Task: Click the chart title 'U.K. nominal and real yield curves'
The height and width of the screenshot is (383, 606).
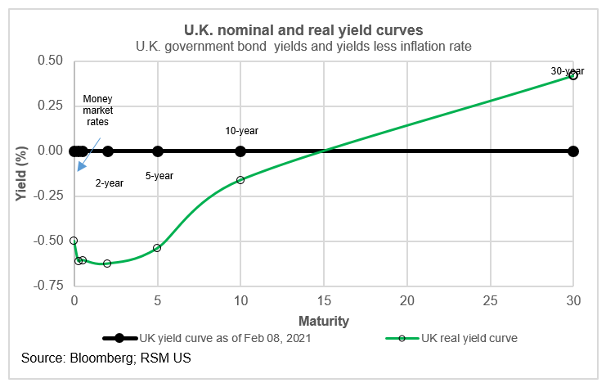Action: (x=303, y=29)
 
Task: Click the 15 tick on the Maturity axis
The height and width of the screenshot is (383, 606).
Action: (x=324, y=300)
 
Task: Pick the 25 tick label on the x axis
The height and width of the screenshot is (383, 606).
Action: (x=490, y=300)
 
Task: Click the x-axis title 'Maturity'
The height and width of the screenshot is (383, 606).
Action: (x=324, y=320)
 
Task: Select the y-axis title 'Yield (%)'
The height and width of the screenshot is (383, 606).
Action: (x=20, y=173)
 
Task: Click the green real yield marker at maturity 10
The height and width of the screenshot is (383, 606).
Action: (x=240, y=179)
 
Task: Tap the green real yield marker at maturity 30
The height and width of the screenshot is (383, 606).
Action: (x=573, y=74)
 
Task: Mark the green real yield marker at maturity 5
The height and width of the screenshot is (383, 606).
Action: (x=157, y=247)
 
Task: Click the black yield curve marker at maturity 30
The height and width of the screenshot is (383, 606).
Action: (x=573, y=151)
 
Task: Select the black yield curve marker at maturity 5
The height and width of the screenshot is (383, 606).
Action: (x=158, y=151)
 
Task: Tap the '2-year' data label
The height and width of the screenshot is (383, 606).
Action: (x=109, y=183)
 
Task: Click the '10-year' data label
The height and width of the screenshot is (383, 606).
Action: (x=242, y=130)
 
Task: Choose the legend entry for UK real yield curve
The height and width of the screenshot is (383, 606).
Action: (x=467, y=337)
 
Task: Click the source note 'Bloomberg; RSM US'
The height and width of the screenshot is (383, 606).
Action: (x=106, y=358)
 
